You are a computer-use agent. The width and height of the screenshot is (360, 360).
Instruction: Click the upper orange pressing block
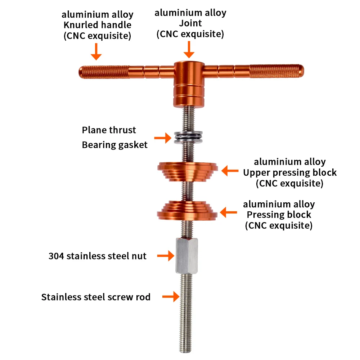pyautogui.click(x=188, y=169)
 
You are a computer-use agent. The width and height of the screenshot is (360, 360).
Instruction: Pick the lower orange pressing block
pyautogui.click(x=188, y=211)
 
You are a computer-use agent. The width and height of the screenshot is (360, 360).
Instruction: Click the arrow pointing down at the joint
pyautogui.click(x=189, y=50)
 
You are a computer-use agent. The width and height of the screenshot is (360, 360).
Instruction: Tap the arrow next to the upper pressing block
pyautogui.click(x=230, y=171)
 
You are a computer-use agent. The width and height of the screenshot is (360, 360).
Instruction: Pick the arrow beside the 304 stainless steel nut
pyautogui.click(x=165, y=256)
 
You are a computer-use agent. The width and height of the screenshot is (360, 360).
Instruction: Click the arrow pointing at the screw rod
pyautogui.click(x=171, y=297)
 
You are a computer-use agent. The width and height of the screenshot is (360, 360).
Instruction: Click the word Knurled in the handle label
pyautogui.click(x=82, y=25)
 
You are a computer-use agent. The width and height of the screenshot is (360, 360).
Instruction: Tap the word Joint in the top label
pyautogui.click(x=190, y=23)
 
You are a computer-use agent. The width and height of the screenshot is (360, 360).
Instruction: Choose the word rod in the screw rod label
pyautogui.click(x=143, y=297)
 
